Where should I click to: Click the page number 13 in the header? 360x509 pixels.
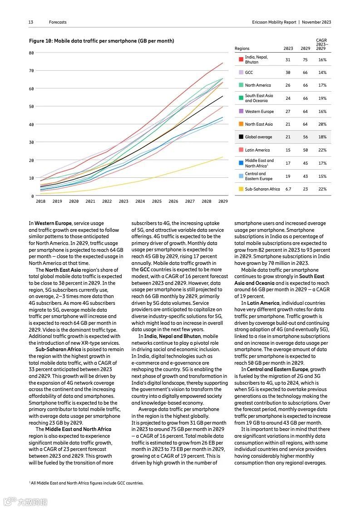coord(31,22)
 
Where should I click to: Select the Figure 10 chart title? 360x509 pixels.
coord(101,41)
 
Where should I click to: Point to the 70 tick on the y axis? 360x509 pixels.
coord(31,71)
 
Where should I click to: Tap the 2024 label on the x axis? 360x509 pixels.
coord(140,201)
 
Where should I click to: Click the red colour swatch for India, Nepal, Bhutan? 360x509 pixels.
coord(241,59)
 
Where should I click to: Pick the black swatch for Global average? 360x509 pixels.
coord(241,137)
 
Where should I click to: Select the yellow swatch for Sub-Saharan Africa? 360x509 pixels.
coord(241,189)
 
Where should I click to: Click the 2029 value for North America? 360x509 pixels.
coord(306,85)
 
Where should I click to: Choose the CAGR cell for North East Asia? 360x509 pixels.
coord(322,124)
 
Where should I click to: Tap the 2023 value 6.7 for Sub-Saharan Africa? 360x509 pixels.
coord(288,189)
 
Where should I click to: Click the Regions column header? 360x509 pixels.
coord(242,49)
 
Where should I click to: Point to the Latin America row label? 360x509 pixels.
coord(257,150)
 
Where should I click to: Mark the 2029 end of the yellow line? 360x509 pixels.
coord(222,157)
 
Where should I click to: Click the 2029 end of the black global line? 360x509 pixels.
coord(222,96)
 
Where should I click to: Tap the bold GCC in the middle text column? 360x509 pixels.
coord(145,269)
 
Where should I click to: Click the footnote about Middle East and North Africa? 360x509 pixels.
coord(86,483)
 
